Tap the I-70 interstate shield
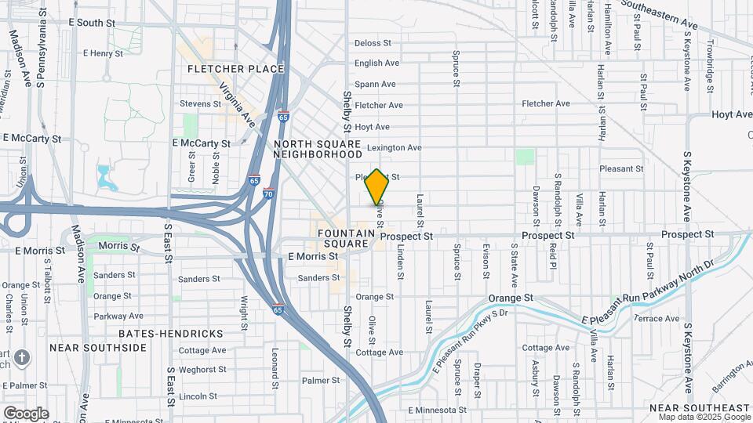click(x=268, y=193)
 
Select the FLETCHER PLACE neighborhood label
click(x=235, y=69)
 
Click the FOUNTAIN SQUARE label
click(x=344, y=238)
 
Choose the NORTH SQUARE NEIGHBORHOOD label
click(x=317, y=149)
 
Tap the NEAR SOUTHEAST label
click(x=699, y=408)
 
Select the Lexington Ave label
click(x=395, y=147)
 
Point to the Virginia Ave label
click(x=238, y=105)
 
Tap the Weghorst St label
click(x=202, y=369)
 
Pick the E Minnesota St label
click(x=437, y=410)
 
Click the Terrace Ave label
click(x=657, y=319)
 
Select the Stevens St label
click(x=201, y=103)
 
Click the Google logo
click(x=26, y=413)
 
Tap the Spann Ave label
click(x=377, y=84)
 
